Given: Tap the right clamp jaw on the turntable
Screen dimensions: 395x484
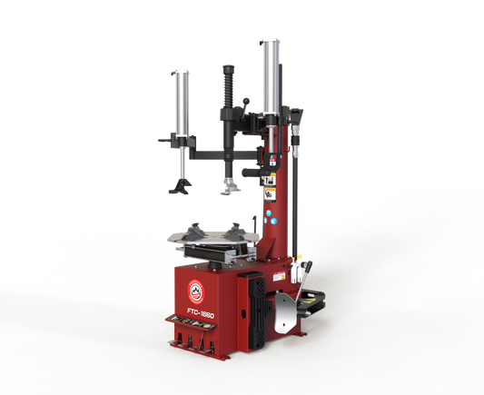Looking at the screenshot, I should click(238, 230).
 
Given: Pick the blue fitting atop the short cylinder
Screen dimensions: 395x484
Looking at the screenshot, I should click(183, 70).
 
